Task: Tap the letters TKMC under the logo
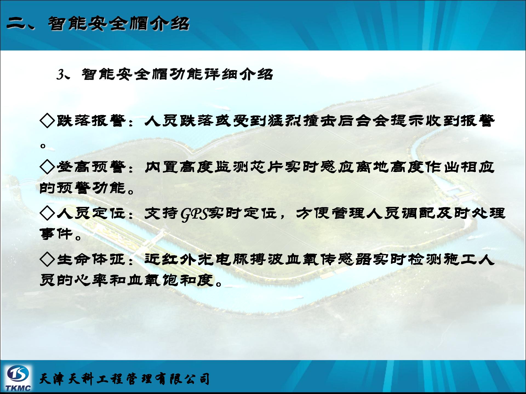coord(18,388)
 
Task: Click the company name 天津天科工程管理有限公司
coord(125,379)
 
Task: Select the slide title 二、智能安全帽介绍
coord(98,24)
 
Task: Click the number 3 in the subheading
coord(60,74)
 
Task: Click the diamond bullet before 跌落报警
coord(47,121)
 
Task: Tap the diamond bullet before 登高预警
coord(47,167)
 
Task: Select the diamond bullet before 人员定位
coord(47,213)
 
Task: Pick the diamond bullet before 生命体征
coord(47,259)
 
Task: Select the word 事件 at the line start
coord(56,234)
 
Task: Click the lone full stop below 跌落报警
coord(43,145)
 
